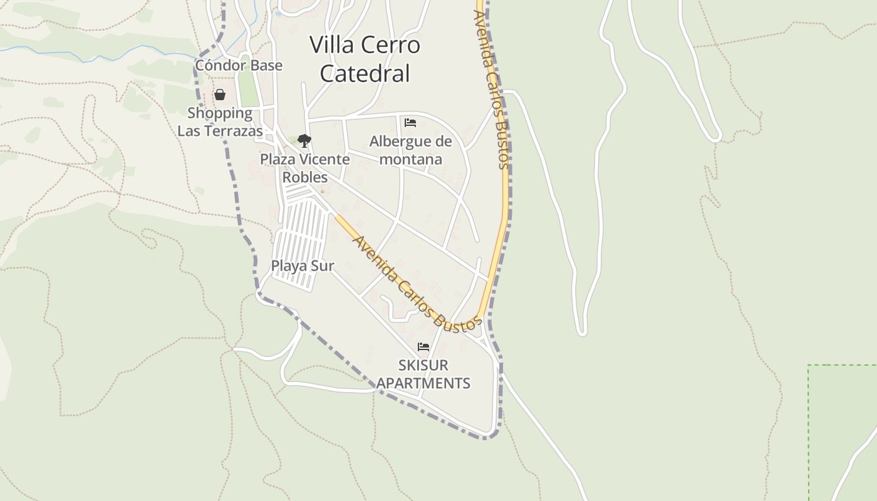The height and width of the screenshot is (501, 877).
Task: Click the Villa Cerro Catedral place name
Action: click(365, 59)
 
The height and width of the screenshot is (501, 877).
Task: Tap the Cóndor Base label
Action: click(239, 65)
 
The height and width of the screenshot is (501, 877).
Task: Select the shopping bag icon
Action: click(220, 95)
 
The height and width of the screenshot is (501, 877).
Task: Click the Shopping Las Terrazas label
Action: click(220, 122)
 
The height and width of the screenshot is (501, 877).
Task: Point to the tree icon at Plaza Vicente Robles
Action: click(304, 141)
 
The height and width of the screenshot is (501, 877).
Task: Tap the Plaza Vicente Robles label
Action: click(305, 168)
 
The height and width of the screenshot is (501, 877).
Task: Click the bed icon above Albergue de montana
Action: click(410, 122)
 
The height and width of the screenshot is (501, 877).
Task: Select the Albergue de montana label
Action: click(410, 150)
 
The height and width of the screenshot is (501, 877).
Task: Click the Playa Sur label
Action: click(303, 266)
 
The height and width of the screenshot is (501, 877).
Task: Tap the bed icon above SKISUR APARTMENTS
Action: click(423, 347)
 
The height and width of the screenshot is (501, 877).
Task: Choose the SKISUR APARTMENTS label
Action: click(423, 374)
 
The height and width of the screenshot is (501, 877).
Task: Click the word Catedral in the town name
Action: click(365, 73)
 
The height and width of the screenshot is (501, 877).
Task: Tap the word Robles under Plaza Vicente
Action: click(305, 177)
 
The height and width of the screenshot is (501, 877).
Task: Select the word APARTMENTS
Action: click(423, 383)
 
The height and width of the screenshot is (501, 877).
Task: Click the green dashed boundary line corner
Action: click(809, 365)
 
